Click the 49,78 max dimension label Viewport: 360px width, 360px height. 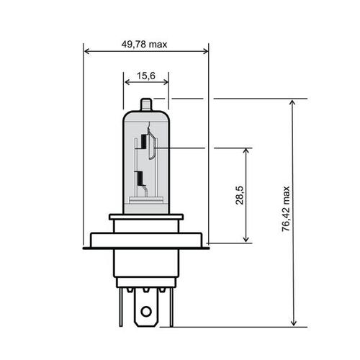click(x=145, y=44)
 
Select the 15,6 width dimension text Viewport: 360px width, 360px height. click(x=146, y=75)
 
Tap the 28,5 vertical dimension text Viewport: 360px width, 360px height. click(x=240, y=197)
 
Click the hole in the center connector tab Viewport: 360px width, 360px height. click(x=147, y=312)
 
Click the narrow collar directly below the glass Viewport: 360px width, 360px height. click(x=146, y=217)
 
